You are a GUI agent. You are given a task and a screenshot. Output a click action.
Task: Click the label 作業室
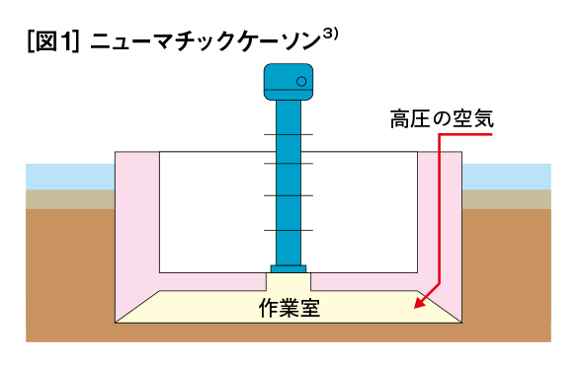[289, 307]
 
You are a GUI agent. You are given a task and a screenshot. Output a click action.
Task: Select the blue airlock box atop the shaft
[289, 81]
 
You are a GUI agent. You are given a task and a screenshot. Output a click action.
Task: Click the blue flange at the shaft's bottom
[289, 269]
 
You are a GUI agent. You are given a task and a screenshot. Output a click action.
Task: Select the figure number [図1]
[54, 41]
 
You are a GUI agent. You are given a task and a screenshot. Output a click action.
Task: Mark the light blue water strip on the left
[69, 176]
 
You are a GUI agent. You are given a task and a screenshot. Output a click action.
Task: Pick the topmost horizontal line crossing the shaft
[289, 135]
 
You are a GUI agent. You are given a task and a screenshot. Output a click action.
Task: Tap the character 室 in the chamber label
[310, 307]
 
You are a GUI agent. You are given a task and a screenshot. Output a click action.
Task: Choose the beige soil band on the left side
[69, 198]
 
